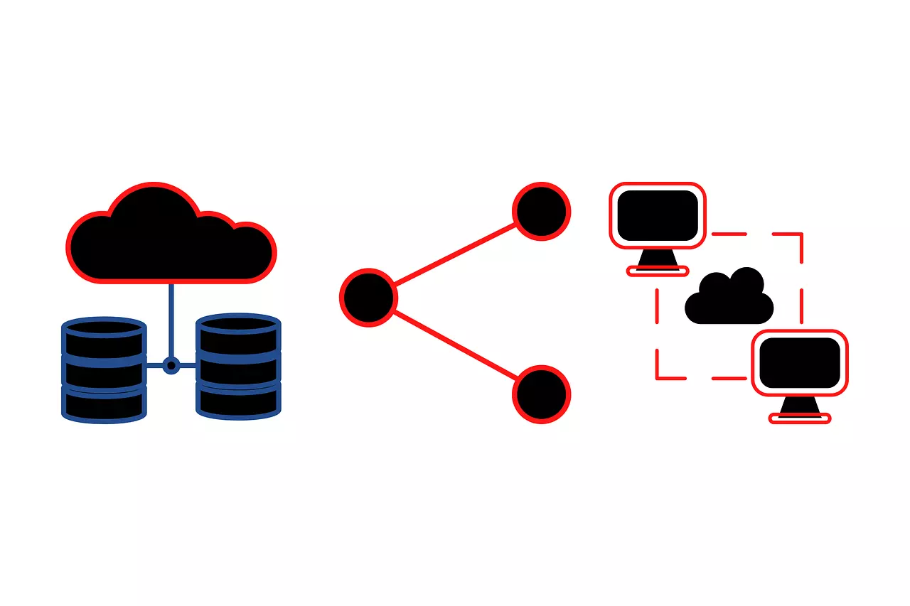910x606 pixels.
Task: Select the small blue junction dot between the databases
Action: point(171,365)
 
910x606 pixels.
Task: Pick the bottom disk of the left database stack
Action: point(105,404)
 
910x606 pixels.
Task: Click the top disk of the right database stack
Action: point(238,333)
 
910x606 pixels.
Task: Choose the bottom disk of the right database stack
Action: point(238,401)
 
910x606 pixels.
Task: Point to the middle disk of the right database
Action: point(238,368)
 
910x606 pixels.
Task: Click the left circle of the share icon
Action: point(368,297)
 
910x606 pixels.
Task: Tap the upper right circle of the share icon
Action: point(542,211)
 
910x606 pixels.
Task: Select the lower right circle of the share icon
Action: point(542,394)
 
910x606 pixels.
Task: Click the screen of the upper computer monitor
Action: point(657,215)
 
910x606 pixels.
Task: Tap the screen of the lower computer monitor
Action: point(800,362)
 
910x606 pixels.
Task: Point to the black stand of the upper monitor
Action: point(658,259)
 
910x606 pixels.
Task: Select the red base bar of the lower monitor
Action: point(800,419)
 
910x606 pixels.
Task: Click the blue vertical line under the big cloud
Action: point(171,320)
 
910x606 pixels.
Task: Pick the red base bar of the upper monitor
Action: point(658,271)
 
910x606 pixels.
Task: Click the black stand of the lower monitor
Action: point(800,406)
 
